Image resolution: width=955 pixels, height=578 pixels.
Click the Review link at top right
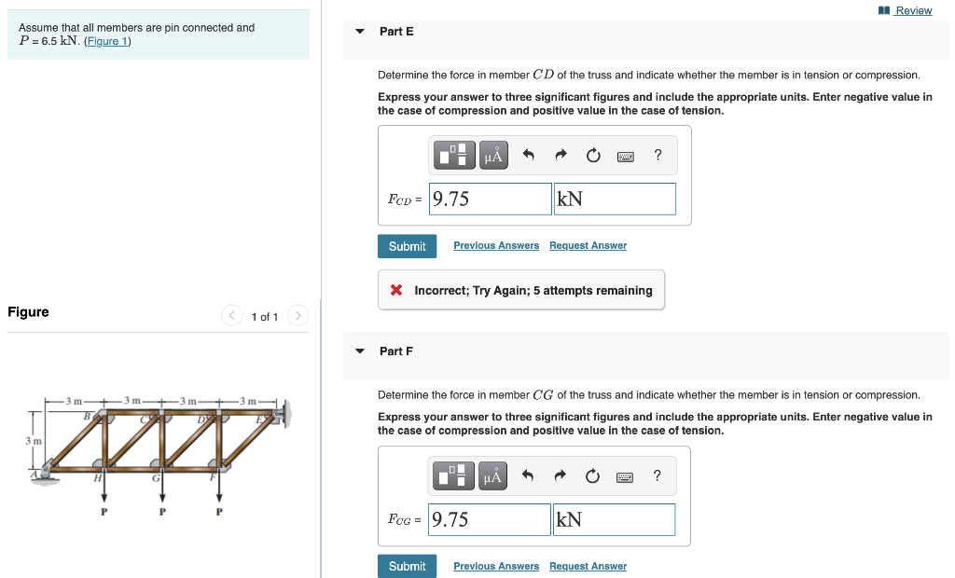click(x=912, y=10)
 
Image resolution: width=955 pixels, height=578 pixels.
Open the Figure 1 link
click(x=107, y=42)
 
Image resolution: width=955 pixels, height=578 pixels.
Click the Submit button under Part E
click(x=407, y=246)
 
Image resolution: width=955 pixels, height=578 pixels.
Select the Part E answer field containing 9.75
click(x=490, y=199)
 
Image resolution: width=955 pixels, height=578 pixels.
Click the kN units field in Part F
click(x=614, y=519)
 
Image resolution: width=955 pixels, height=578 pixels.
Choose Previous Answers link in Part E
click(x=496, y=245)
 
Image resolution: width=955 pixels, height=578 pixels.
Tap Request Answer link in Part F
click(x=588, y=566)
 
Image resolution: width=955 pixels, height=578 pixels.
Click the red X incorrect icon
click(x=396, y=291)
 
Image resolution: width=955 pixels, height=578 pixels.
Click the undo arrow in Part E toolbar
click(x=528, y=156)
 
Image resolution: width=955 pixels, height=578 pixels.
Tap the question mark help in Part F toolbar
click(x=657, y=476)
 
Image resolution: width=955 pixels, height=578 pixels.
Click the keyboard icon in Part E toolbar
click(x=626, y=157)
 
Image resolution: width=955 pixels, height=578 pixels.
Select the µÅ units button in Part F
click(x=493, y=477)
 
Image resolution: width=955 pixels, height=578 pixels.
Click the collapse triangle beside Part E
click(x=360, y=31)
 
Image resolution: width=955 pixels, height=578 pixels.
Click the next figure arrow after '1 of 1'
click(x=297, y=316)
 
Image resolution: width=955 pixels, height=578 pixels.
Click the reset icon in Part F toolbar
click(x=592, y=477)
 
